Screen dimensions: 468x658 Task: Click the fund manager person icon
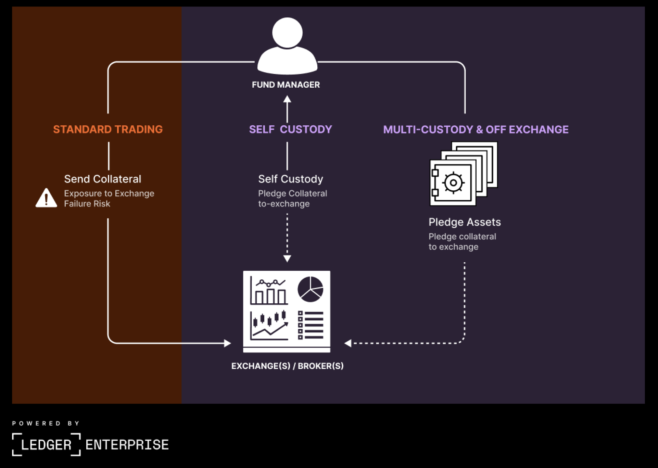287,46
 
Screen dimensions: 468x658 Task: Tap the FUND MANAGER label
286,85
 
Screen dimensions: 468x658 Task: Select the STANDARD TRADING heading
108,129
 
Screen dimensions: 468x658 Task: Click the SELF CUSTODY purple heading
290,129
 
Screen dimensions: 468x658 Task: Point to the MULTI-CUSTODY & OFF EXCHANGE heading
476,129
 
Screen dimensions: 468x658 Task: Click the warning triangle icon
46,198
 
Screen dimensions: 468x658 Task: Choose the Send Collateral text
102,179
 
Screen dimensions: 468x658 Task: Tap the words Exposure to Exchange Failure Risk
109,199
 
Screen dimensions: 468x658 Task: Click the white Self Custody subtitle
290,179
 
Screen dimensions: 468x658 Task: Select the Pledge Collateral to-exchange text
292,199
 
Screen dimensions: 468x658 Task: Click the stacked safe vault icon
463,174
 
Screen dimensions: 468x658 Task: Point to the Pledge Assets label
465,222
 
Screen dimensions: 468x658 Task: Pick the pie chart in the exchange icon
310,290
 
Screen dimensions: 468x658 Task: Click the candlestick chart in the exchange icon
269,325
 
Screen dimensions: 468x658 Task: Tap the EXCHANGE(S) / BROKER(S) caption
287,366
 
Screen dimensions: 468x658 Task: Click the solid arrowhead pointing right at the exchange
227,343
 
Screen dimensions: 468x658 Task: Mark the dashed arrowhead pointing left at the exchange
348,343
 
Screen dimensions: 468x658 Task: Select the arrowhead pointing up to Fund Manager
287,99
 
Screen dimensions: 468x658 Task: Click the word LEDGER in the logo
46,445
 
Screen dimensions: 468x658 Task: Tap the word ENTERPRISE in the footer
127,445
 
